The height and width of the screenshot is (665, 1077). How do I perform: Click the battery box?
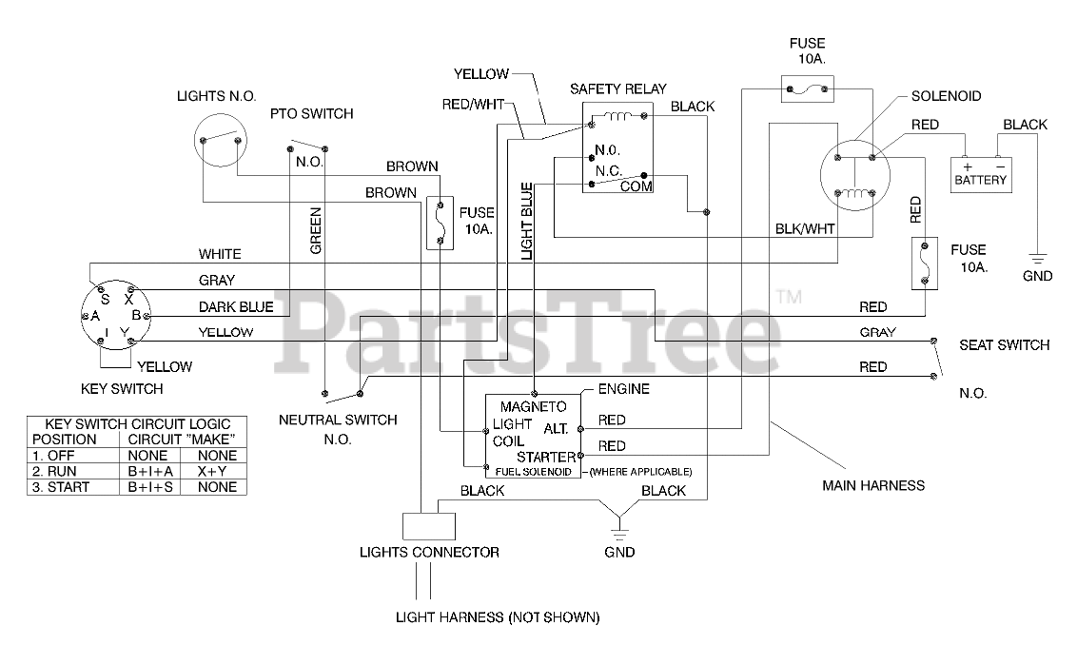coord(980,174)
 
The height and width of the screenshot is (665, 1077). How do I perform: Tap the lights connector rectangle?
coord(428,526)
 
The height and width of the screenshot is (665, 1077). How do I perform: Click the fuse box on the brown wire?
coord(440,223)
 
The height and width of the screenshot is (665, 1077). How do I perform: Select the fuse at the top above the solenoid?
coord(808,88)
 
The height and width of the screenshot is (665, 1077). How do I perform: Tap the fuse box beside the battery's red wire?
coord(925,264)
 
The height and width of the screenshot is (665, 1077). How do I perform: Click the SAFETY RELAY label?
coord(618,88)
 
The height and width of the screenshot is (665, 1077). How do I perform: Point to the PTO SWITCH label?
coord(311,113)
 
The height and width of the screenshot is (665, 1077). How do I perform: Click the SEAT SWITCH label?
coord(1004,344)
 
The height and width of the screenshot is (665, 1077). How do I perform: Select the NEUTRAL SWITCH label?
coord(338,420)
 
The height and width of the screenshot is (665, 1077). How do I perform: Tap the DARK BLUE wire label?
coord(236,306)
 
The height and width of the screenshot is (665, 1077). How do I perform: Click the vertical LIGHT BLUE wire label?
coord(527,221)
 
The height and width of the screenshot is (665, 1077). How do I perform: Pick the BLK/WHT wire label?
coord(805,228)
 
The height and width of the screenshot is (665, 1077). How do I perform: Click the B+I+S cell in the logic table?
coord(150,487)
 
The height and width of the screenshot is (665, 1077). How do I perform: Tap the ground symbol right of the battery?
coord(1037,259)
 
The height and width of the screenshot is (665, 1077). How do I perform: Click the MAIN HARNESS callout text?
coord(873,486)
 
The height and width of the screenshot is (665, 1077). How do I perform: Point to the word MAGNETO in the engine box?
coord(533,406)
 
